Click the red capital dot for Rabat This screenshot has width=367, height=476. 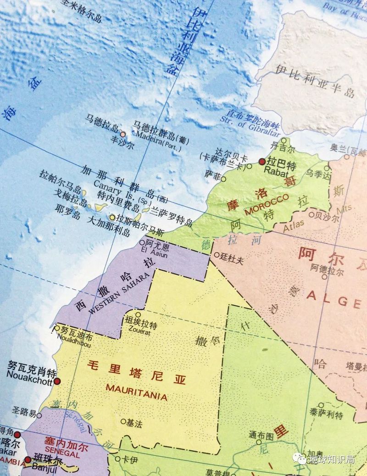pos(261,162)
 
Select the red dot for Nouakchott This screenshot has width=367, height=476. pos(57,381)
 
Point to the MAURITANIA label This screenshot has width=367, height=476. pos(136,393)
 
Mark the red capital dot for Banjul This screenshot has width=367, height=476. pos(27,459)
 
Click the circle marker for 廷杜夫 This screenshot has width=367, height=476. pos(217,254)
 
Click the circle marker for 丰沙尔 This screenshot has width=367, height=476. pos(123,134)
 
